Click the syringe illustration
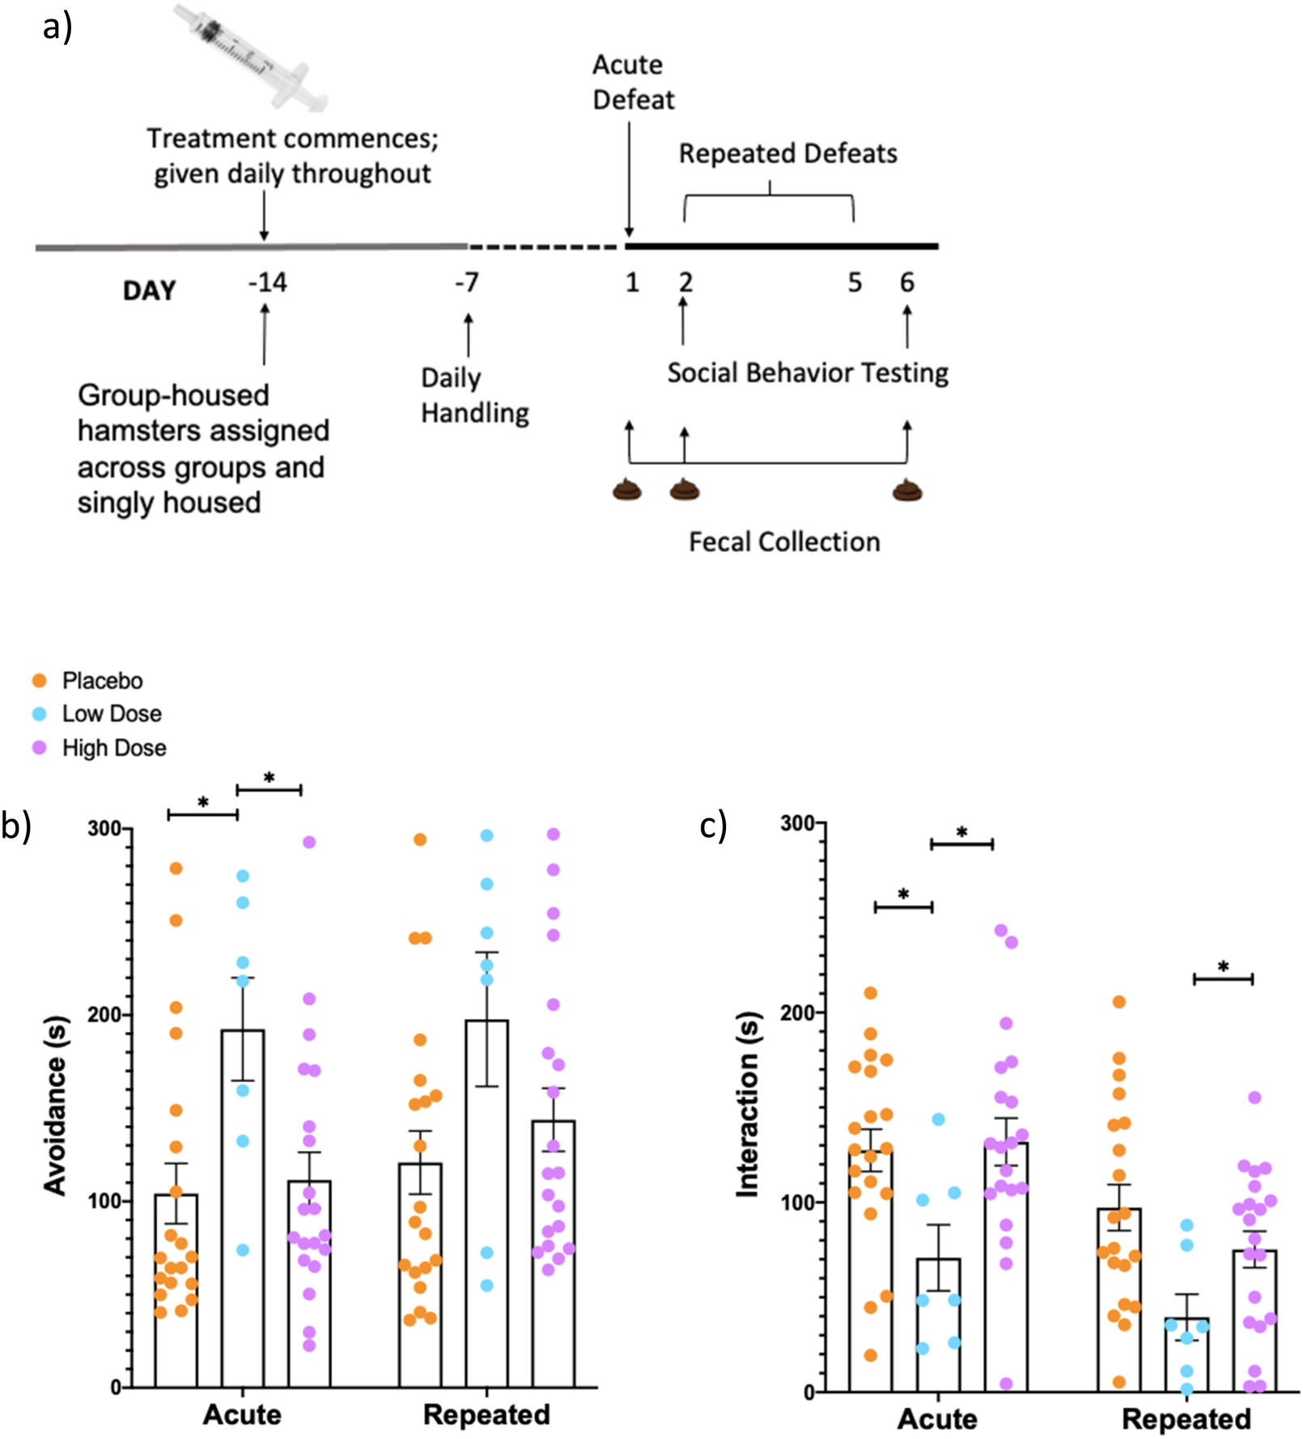click(251, 57)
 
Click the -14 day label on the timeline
click(267, 283)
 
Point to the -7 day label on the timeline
click(467, 283)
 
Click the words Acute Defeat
click(632, 82)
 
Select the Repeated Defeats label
click(787, 154)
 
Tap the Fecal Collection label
click(783, 541)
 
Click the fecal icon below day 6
click(907, 490)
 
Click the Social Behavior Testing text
click(807, 373)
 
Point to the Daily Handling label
click(474, 395)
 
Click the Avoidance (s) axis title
click(55, 1105)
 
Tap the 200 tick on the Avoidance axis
click(104, 1014)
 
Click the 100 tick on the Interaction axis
click(796, 1202)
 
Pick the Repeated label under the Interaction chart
click(1186, 1419)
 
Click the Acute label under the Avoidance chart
click(241, 1415)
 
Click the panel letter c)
click(712, 826)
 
